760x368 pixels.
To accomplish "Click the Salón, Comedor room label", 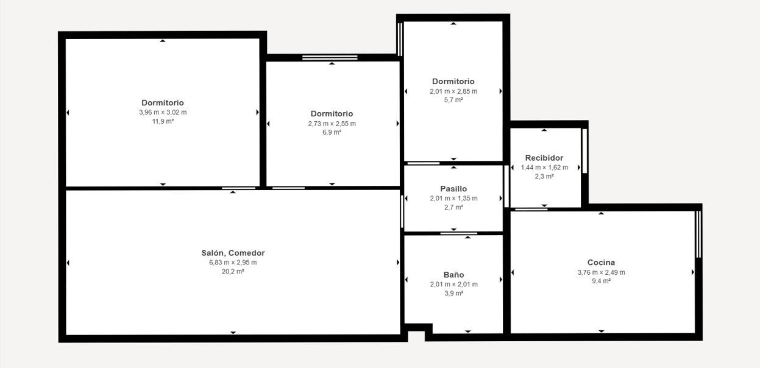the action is [x=233, y=253].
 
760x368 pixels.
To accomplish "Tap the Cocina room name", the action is [x=601, y=263].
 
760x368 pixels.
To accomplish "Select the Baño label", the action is [x=453, y=275].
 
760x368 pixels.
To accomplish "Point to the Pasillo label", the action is [x=453, y=189].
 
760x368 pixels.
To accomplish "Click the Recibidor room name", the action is [x=544, y=158].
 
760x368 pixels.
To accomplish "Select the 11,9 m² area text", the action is [x=163, y=121].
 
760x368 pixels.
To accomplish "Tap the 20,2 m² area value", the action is [x=233, y=271].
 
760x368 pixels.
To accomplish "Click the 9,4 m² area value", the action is [x=601, y=281].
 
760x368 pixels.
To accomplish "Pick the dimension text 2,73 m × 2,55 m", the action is [x=332, y=124].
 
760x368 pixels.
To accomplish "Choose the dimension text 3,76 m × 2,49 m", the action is [x=601, y=272].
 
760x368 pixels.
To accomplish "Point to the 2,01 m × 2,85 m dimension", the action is [x=453, y=91].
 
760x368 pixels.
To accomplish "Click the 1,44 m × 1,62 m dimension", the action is [x=544, y=168].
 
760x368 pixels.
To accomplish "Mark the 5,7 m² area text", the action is [x=453, y=100].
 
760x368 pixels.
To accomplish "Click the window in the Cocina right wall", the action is [x=698, y=234].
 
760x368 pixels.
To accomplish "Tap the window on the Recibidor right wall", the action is [x=584, y=151].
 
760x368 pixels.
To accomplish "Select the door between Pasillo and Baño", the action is [x=459, y=233].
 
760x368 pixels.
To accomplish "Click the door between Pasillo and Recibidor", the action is [x=506, y=186].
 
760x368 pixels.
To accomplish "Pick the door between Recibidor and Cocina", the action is [x=531, y=209].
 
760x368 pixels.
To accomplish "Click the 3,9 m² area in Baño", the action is [x=453, y=294].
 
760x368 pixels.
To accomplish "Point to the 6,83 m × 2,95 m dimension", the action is [x=233, y=263].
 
